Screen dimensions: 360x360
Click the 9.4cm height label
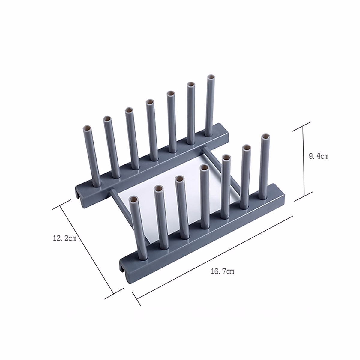tap(318, 156)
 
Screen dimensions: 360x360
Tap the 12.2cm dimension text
tap(64, 239)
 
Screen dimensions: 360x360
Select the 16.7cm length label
tap(222, 272)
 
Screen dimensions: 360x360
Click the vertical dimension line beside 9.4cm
tap(304, 160)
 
